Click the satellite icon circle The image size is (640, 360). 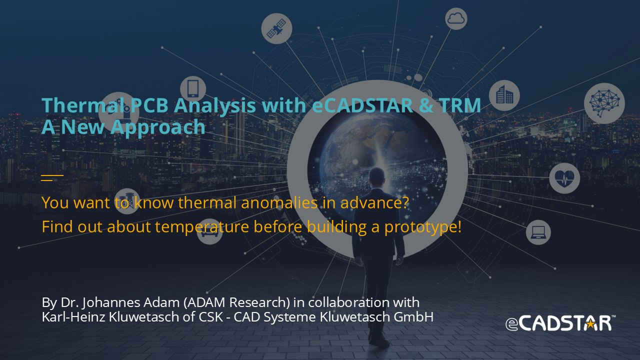[x=276, y=28]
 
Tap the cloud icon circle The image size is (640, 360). [x=456, y=19]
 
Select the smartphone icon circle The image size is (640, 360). [x=193, y=89]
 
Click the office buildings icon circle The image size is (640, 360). [x=504, y=95]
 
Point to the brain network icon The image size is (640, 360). [x=604, y=103]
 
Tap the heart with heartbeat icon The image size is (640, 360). [x=564, y=178]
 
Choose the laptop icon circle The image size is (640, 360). [x=538, y=232]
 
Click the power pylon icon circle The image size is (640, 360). [x=127, y=201]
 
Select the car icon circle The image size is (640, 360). [x=209, y=231]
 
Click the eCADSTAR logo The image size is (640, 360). [x=560, y=323]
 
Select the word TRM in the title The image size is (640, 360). [x=460, y=105]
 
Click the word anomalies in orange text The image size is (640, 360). [x=279, y=202]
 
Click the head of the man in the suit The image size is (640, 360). [x=376, y=177]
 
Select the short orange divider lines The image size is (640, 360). [x=52, y=177]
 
